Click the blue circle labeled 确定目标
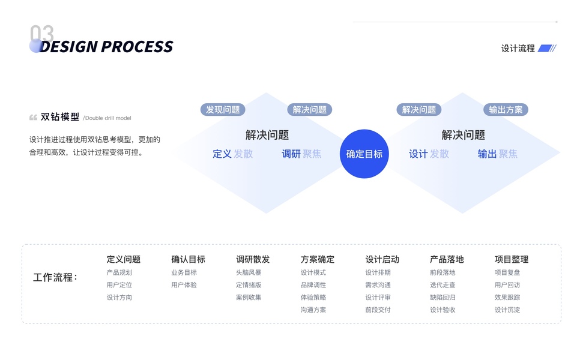(364, 154)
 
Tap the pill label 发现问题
(223, 110)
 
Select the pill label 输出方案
(506, 110)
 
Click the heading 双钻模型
(60, 117)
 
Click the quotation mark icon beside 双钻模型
(33, 117)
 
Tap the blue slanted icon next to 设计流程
(547, 49)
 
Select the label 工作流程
(55, 278)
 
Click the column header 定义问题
(124, 260)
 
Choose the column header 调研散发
(253, 260)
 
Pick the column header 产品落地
(447, 260)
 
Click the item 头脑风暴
(249, 272)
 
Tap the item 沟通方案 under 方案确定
(313, 310)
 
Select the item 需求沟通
(378, 285)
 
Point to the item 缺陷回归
(443, 298)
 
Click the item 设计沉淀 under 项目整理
(507, 310)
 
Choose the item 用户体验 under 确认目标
(184, 285)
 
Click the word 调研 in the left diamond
(291, 154)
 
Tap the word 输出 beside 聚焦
(487, 154)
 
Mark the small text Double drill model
(107, 118)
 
